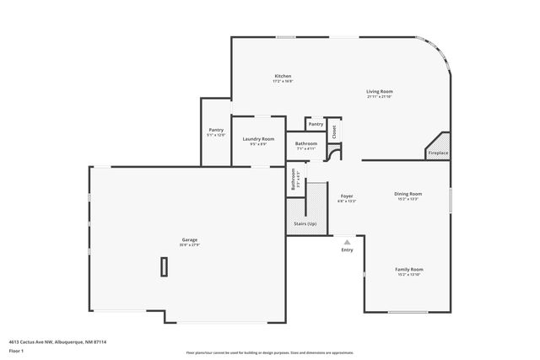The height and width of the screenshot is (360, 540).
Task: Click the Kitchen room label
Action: pos(283,76)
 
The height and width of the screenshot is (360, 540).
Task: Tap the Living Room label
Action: pos(380,91)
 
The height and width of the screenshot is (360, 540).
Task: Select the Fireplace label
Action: pos(438,153)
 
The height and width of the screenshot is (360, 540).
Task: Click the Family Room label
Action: pos(408,270)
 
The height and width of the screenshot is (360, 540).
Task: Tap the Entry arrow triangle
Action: pos(347,242)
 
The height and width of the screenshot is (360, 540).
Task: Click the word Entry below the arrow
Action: pos(347,250)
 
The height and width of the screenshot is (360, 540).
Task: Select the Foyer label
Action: pos(347,196)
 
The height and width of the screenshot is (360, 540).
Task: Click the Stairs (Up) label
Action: pos(305,224)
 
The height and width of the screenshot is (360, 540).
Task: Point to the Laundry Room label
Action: pos(258,139)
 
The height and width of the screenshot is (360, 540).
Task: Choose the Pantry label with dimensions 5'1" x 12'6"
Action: pos(216,130)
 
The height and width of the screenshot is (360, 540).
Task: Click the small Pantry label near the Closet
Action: pos(316,124)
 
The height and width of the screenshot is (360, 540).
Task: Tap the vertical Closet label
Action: pos(334,132)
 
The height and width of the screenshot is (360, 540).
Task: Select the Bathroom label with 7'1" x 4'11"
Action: pos(305,144)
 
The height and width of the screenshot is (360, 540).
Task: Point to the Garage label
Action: pos(189,240)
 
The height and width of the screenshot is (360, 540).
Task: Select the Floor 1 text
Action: pos(17,350)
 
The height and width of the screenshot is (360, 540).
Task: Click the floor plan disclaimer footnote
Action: pos(269,352)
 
